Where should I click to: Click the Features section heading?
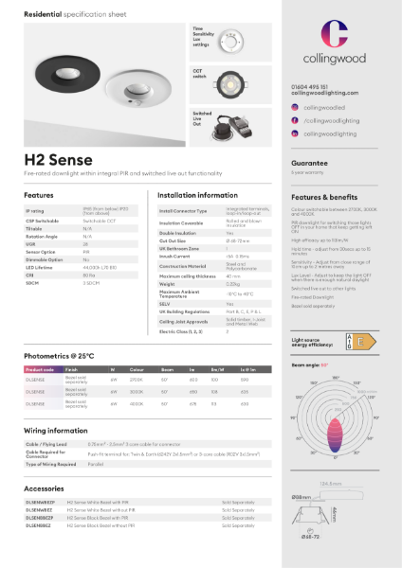click(39, 195)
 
